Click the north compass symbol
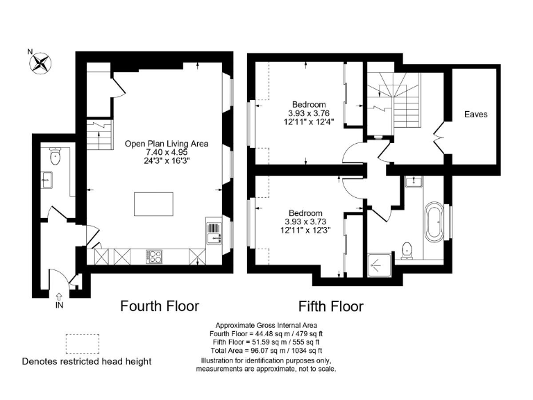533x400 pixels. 41,64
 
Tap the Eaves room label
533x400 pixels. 475,114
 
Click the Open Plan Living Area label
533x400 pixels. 167,144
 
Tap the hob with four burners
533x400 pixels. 155,257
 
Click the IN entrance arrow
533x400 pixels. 58,300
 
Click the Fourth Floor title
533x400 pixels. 160,306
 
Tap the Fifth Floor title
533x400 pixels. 331,306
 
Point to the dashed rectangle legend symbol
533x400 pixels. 82,344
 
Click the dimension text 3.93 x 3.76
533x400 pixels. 308,114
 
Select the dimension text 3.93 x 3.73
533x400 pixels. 305,222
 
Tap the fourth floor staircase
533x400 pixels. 99,134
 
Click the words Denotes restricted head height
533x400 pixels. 87,361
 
